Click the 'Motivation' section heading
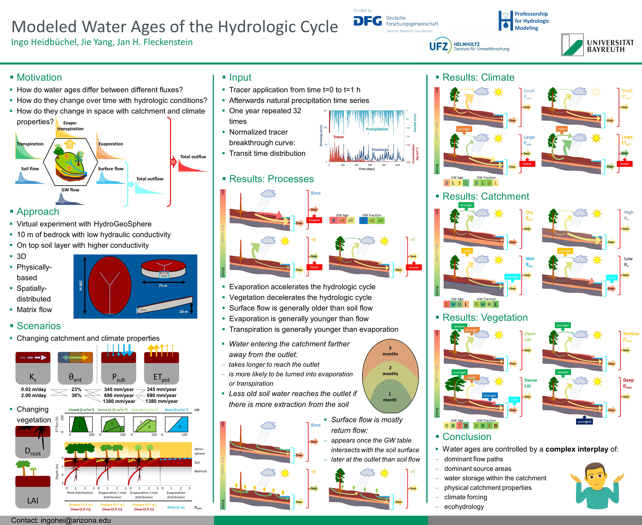pos(39,77)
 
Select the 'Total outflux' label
pos(193,157)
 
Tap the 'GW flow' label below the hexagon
pos(70,190)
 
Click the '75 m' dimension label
pos(163,285)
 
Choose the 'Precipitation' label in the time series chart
pos(377,129)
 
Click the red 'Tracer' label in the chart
pos(338,137)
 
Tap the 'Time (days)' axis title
pos(366,169)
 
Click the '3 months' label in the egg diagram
pos(390,351)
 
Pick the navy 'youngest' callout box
pos(584,422)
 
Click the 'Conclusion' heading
pos(467,437)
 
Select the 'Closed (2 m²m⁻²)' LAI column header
pos(81,410)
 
